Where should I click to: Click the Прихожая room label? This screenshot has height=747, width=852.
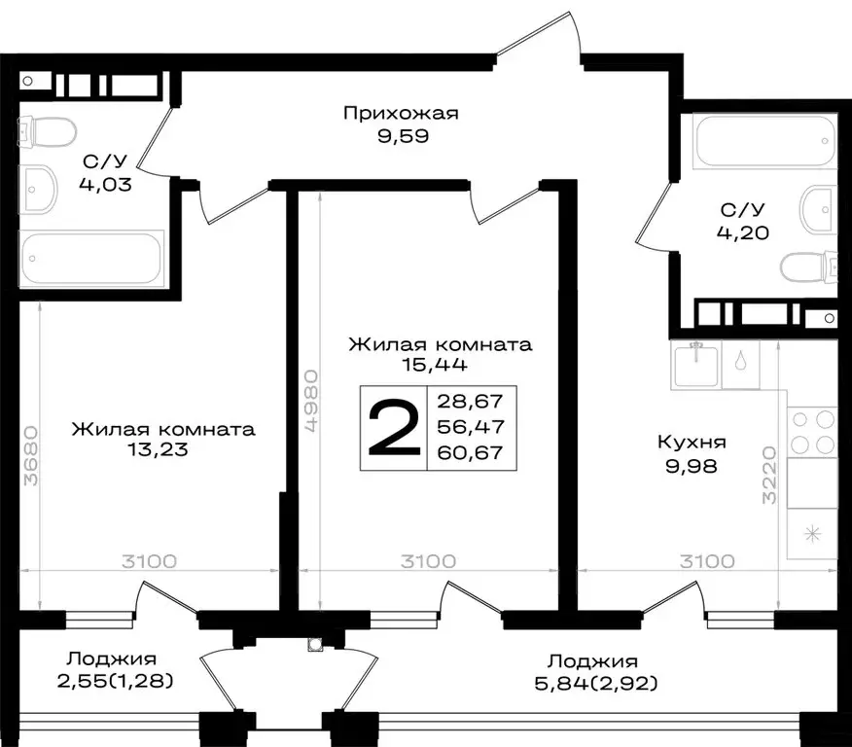point(400,114)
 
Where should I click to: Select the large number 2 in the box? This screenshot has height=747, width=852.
point(393,429)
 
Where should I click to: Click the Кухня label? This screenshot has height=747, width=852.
point(692,444)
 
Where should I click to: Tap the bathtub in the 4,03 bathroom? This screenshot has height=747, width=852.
point(92,259)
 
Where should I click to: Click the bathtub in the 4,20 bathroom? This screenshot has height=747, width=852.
point(764,141)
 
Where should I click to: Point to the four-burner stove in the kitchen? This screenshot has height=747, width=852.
point(811,431)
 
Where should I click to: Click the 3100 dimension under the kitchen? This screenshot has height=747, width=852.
point(707,561)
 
